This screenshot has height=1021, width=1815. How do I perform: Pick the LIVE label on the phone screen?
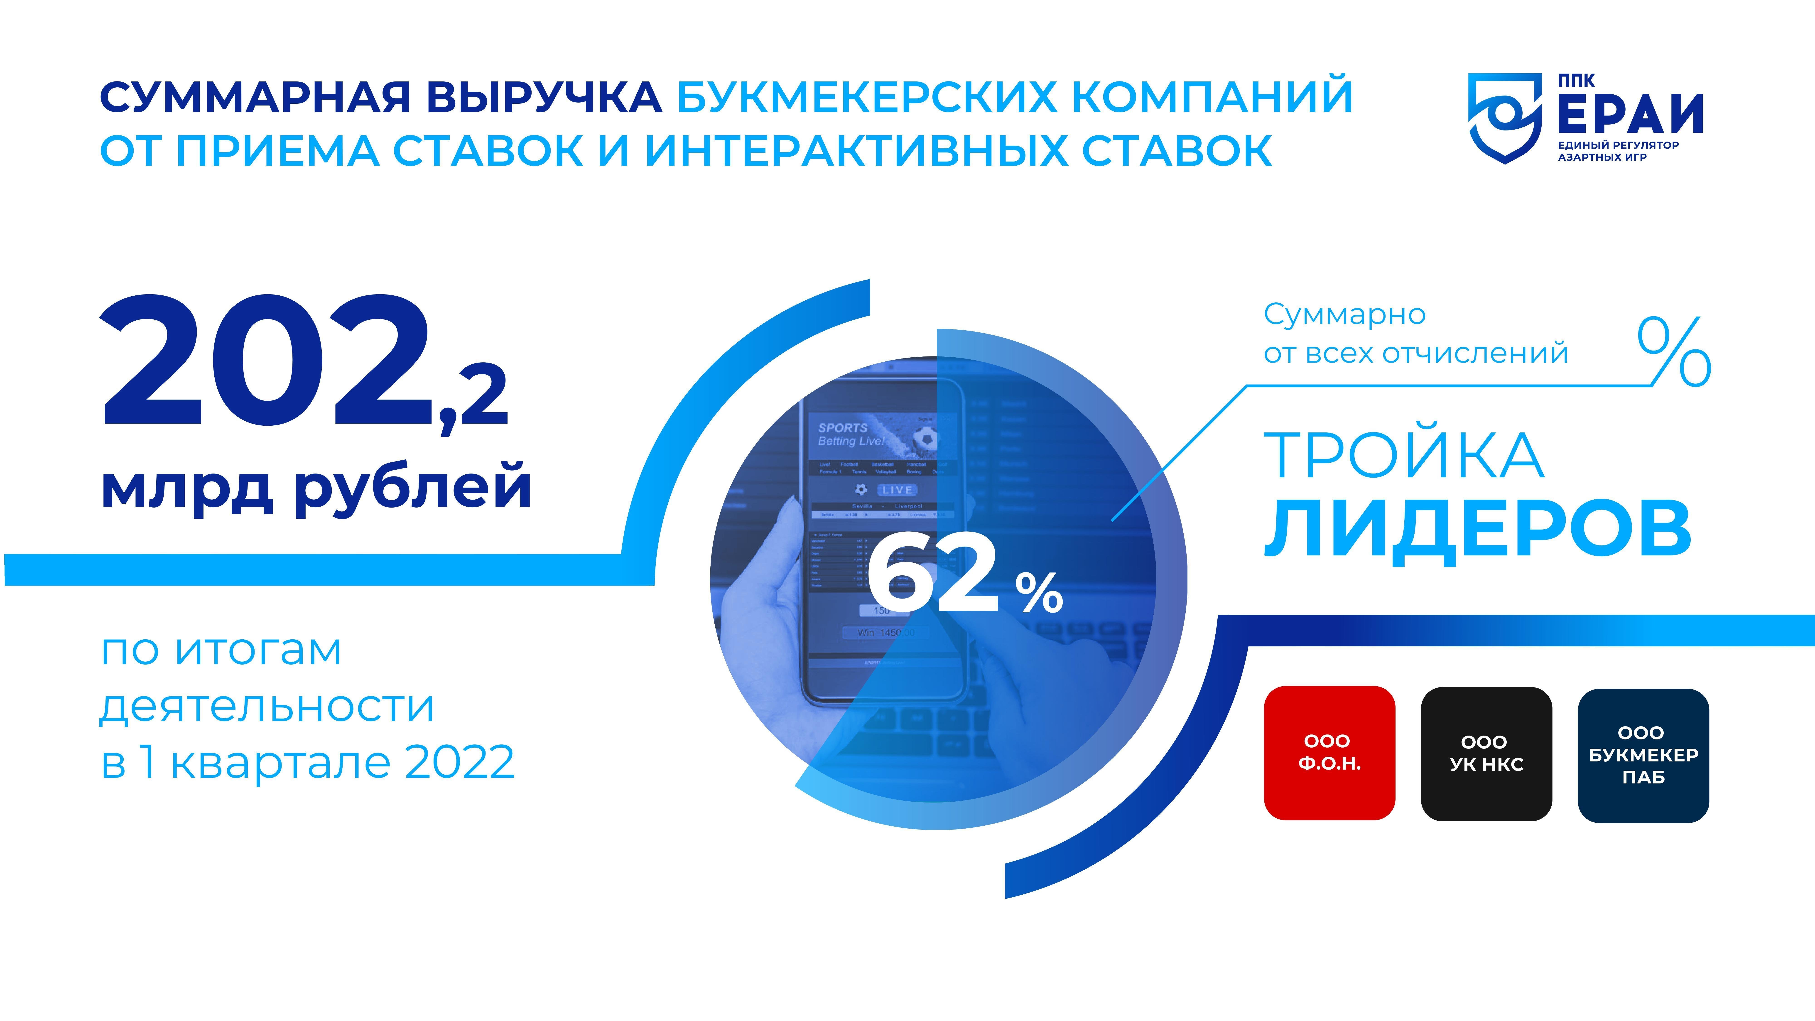897,490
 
